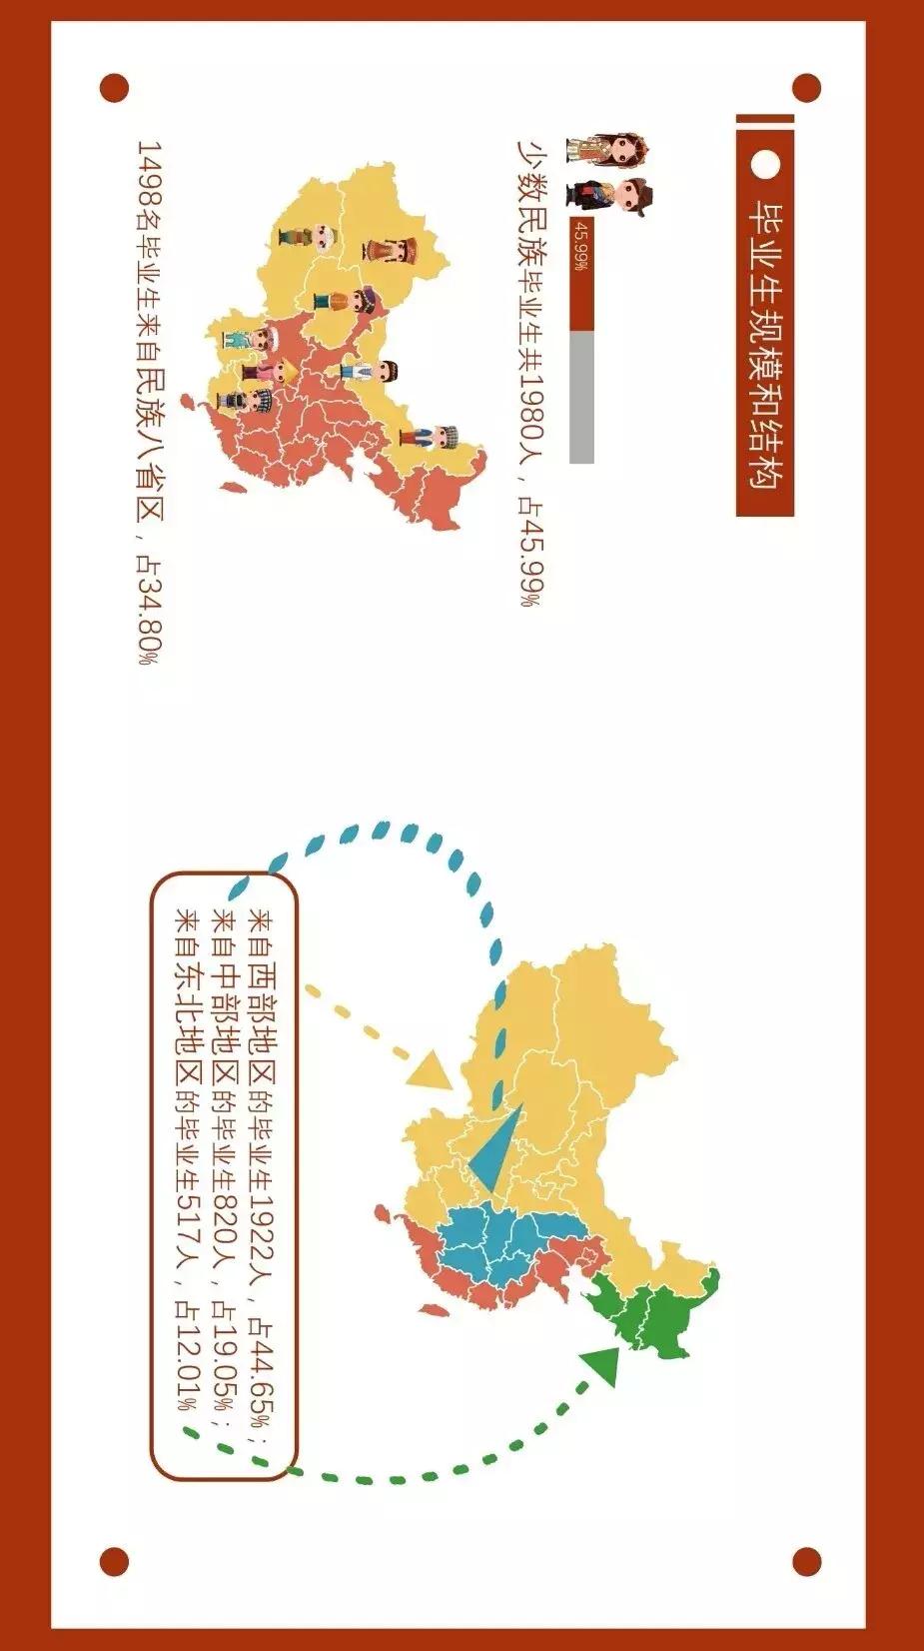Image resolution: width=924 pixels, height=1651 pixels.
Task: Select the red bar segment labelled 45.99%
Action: click(581, 274)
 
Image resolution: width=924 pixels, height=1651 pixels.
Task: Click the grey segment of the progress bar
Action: click(581, 398)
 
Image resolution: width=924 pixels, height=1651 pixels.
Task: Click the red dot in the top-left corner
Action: click(115, 88)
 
